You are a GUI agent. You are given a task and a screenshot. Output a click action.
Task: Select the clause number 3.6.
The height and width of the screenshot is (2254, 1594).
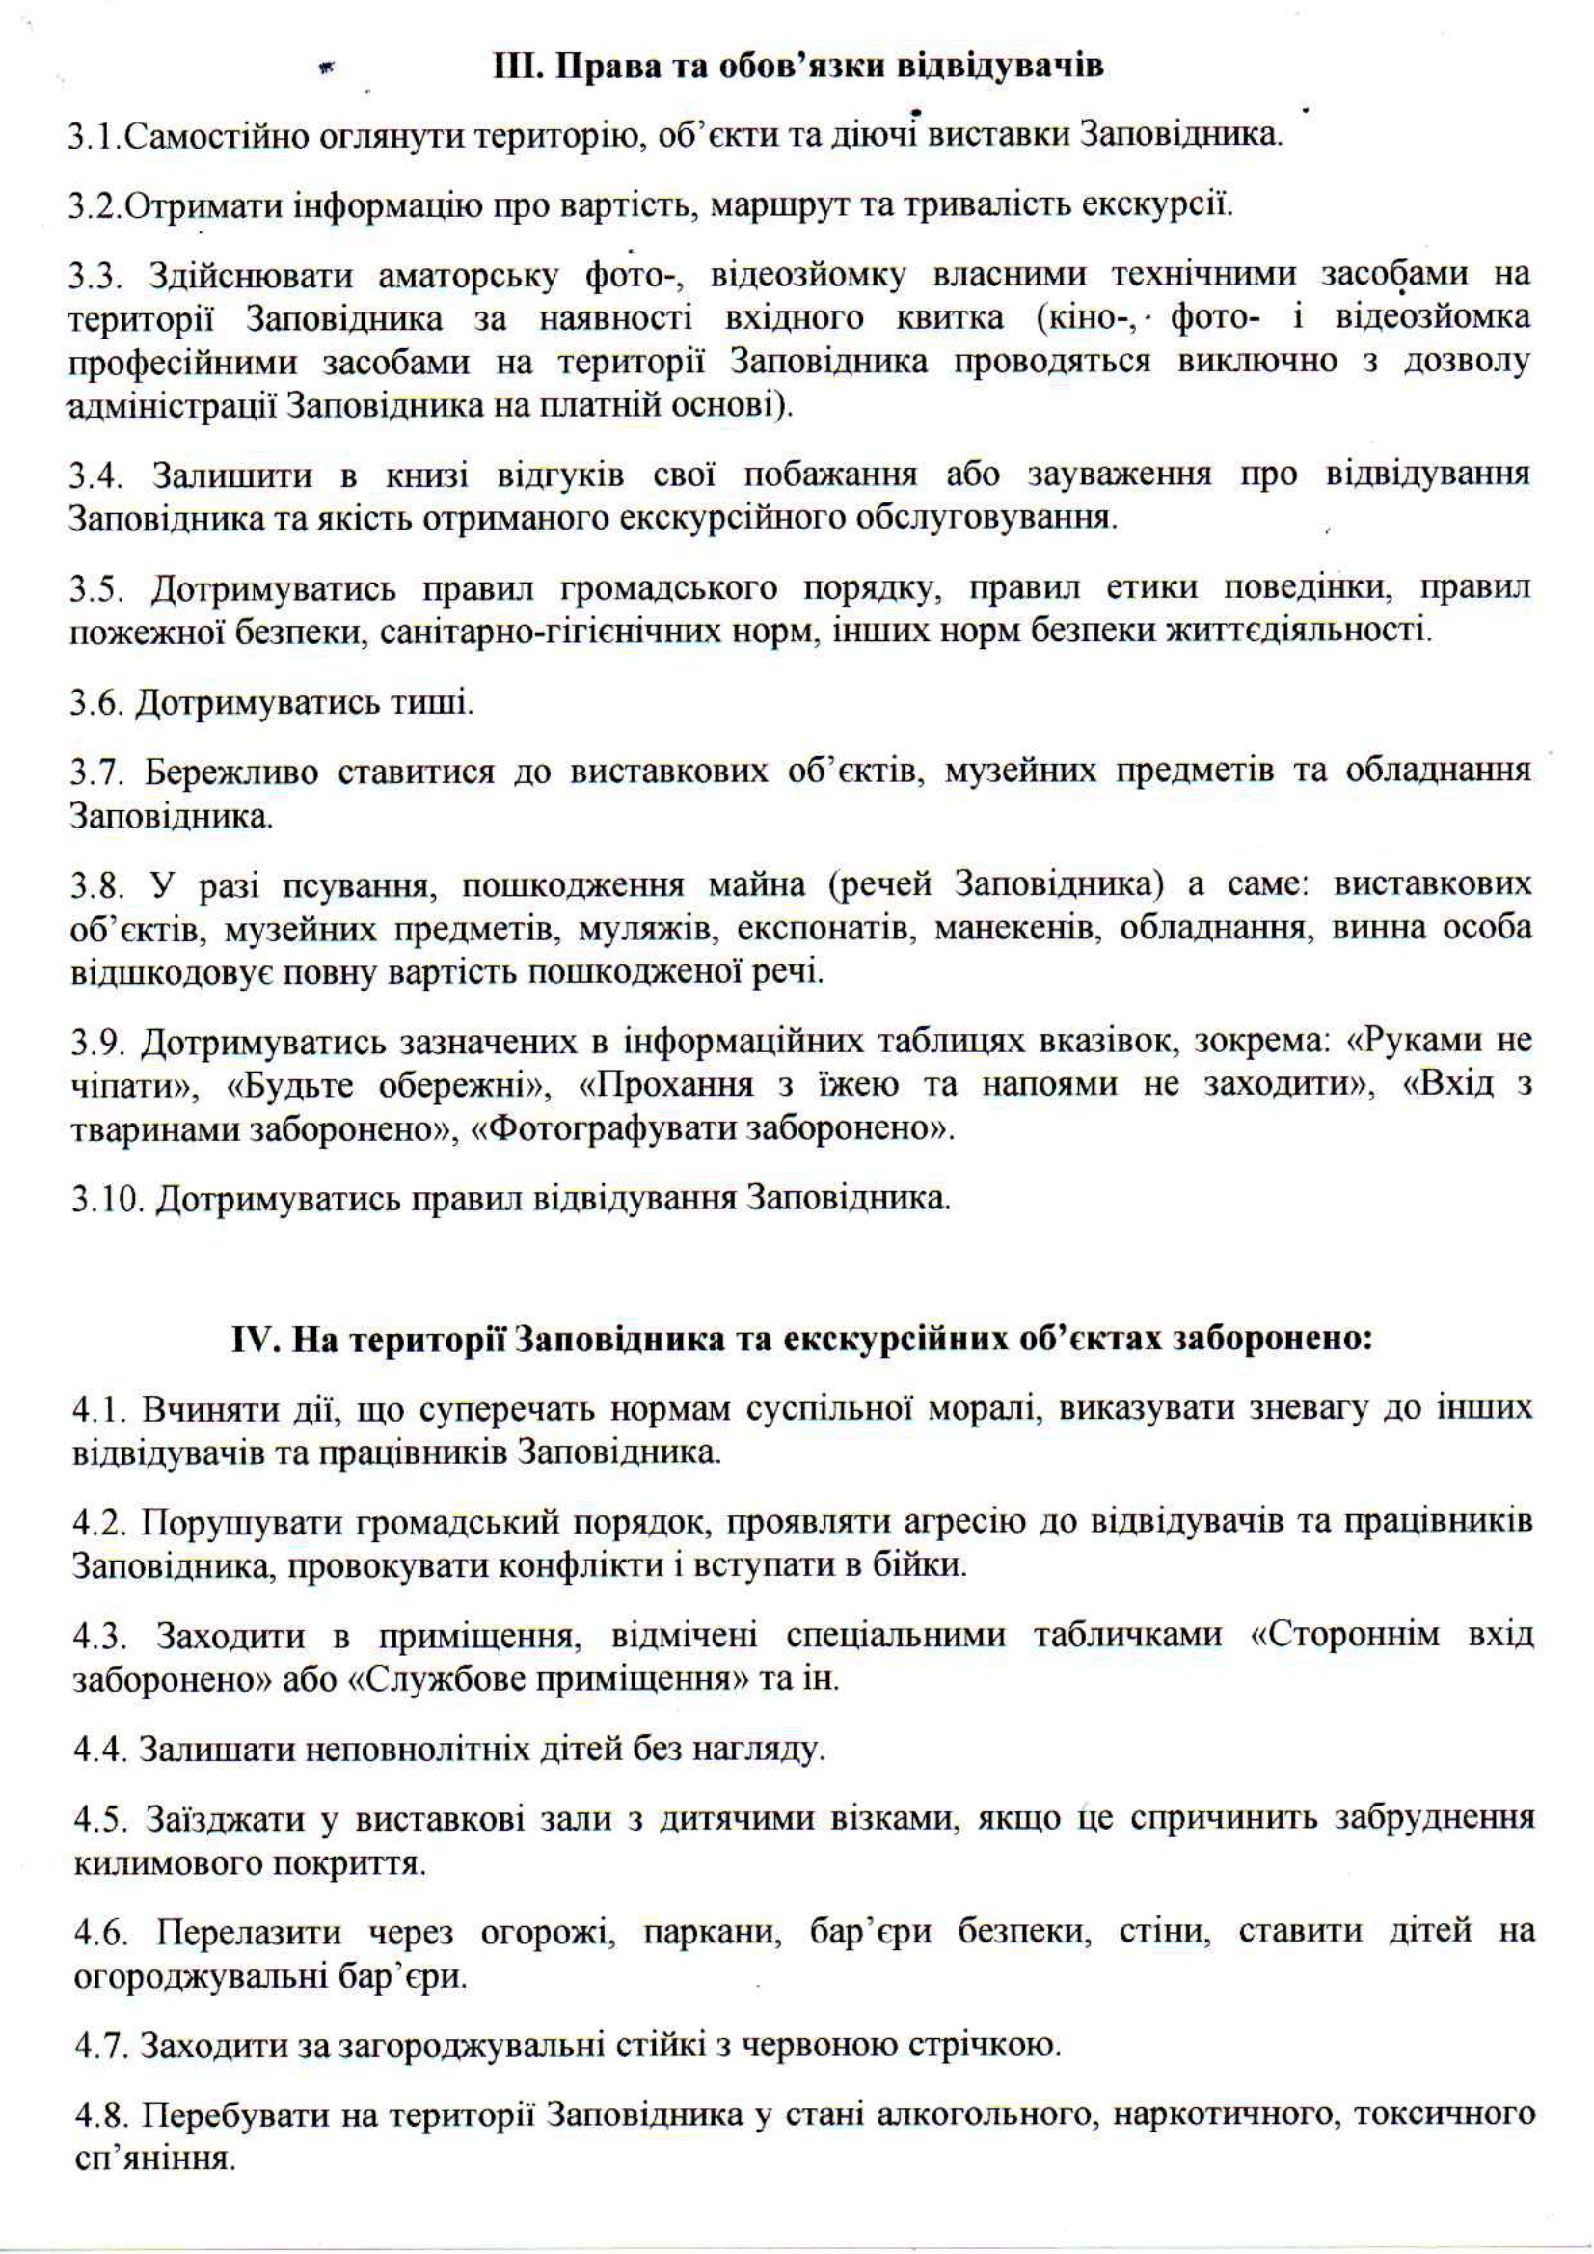tap(96, 703)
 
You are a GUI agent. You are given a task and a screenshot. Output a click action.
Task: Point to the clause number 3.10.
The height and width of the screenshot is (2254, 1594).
tap(105, 1199)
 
